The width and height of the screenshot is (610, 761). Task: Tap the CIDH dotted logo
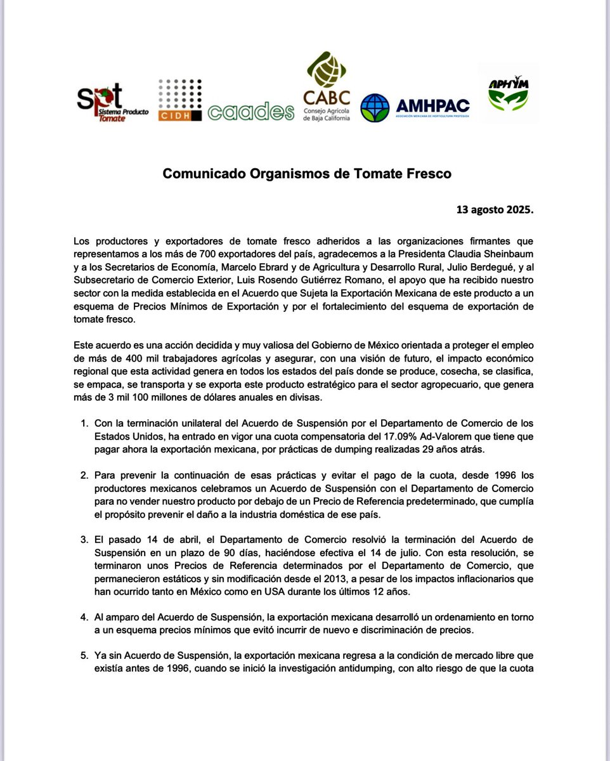coord(179,100)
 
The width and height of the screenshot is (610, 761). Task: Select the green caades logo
coord(250,112)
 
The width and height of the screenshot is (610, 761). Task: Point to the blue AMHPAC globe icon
coord(375,108)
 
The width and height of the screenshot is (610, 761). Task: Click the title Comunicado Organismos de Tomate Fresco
coord(307,174)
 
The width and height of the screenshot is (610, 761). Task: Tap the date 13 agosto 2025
coord(495,209)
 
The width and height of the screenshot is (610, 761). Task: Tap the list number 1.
coord(83,422)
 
